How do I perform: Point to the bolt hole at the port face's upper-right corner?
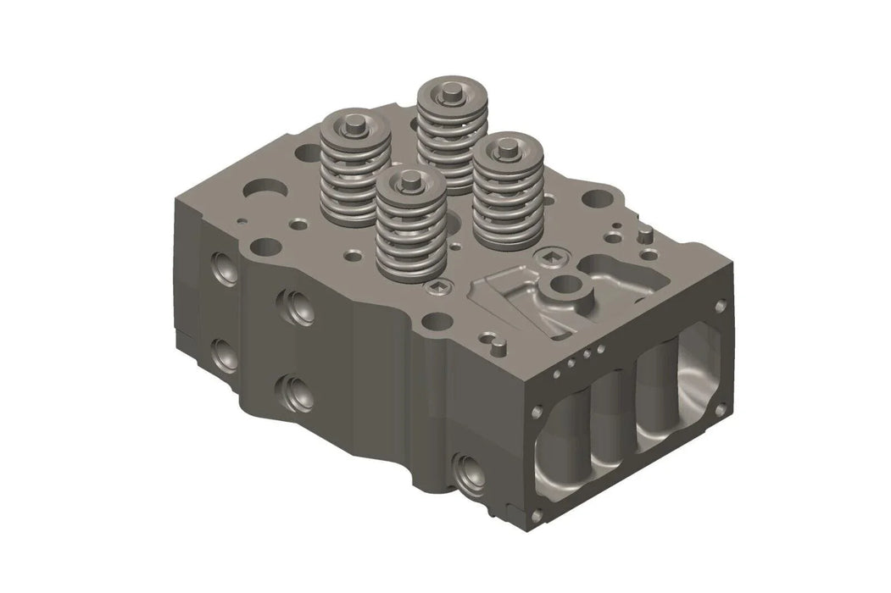pyautogui.click(x=720, y=307)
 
